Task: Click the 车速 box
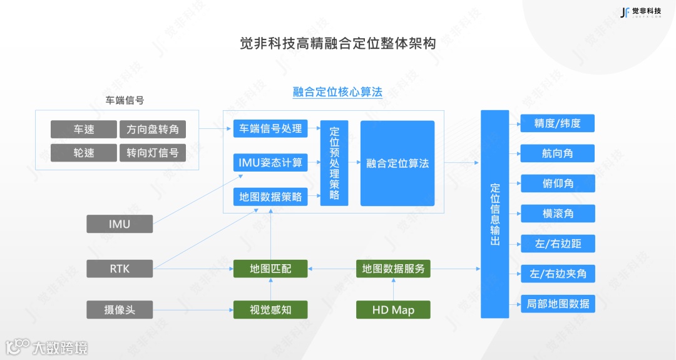click(83, 130)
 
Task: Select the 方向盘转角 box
click(153, 130)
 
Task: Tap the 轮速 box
click(83, 153)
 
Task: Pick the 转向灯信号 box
click(153, 153)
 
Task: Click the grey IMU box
click(120, 224)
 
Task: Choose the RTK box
click(120, 269)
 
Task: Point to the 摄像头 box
click(120, 309)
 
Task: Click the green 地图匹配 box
click(270, 269)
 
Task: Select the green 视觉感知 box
click(270, 309)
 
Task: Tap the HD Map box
click(393, 310)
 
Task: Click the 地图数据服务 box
click(393, 269)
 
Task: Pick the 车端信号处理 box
click(270, 128)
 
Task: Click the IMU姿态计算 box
click(270, 163)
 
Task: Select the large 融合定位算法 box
click(397, 163)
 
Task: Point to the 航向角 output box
click(557, 153)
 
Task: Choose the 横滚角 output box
click(557, 213)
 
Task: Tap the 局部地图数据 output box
click(557, 304)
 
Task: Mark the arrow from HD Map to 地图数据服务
click(393, 289)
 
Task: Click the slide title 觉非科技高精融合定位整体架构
click(337, 44)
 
